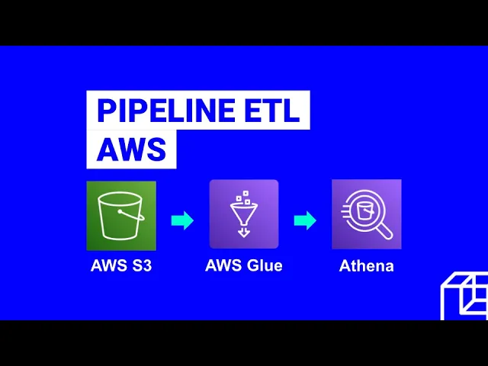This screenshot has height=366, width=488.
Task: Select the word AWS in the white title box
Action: pyautogui.click(x=131, y=149)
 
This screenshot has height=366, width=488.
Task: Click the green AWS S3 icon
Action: pyautogui.click(x=121, y=215)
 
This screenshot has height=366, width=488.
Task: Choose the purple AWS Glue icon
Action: pyautogui.click(x=244, y=214)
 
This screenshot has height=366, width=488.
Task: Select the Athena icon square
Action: pyautogui.click(x=366, y=214)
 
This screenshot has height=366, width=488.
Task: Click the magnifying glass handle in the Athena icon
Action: pyautogui.click(x=384, y=230)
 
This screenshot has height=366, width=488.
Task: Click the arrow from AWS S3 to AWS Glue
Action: pyautogui.click(x=182, y=220)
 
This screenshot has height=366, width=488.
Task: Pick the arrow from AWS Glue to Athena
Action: pyautogui.click(x=305, y=220)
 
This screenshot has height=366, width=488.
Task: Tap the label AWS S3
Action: pyautogui.click(x=121, y=266)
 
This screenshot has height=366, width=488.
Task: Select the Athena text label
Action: pyautogui.click(x=366, y=266)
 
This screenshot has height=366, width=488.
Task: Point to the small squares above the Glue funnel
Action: pyautogui.click(x=242, y=197)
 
